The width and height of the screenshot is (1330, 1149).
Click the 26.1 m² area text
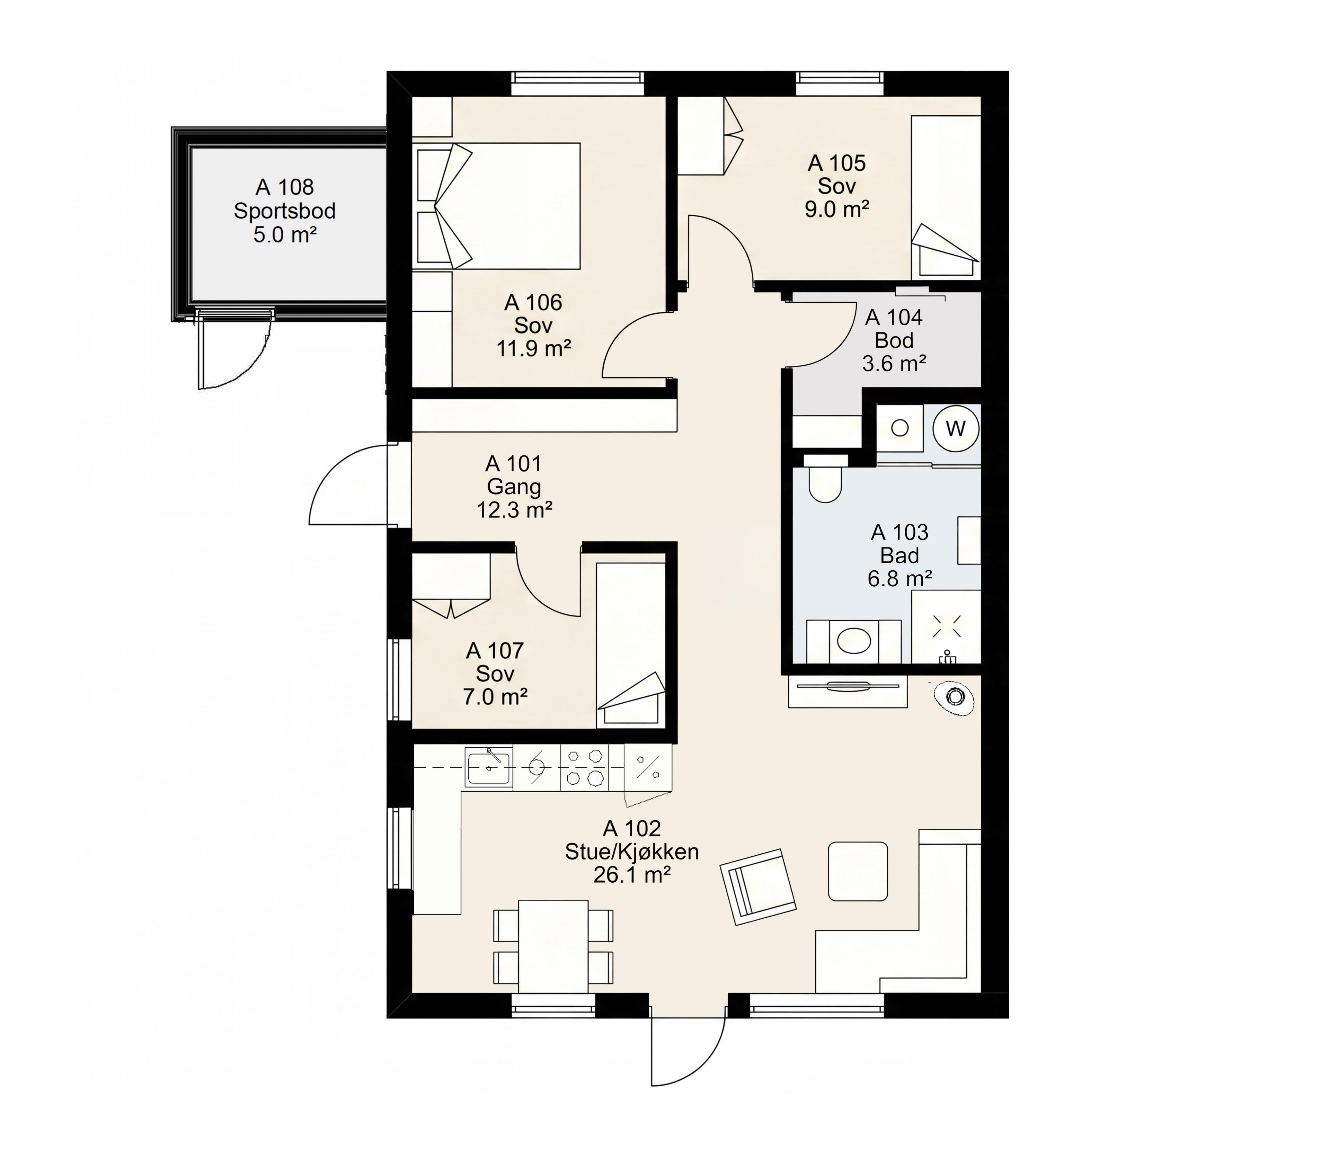tap(632, 875)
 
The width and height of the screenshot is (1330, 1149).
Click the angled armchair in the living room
tap(758, 887)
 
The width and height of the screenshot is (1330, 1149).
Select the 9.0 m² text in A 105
tap(837, 209)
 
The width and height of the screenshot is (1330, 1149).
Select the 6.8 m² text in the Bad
tap(900, 579)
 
